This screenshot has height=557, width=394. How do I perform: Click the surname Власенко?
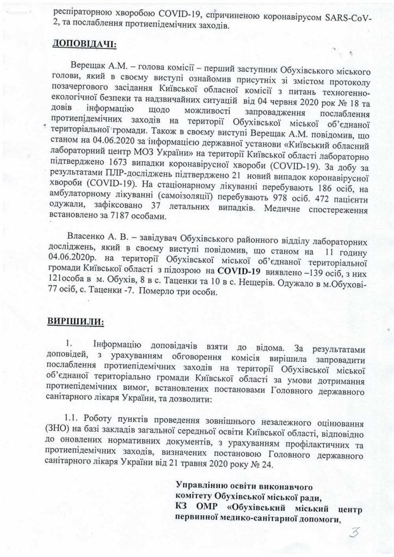coord(87,239)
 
